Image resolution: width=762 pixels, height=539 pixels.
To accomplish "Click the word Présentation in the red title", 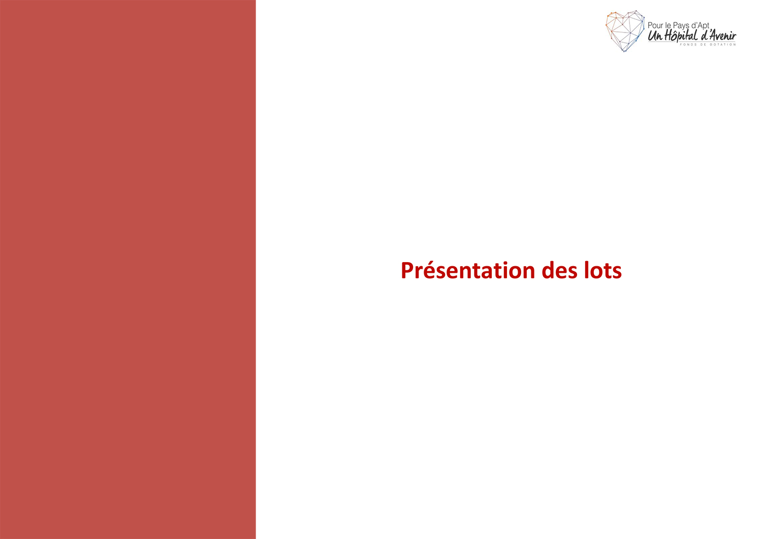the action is (x=468, y=271).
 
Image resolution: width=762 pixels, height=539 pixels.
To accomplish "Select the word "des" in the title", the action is (x=560, y=271).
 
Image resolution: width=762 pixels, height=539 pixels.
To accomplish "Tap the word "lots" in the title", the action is (x=603, y=271).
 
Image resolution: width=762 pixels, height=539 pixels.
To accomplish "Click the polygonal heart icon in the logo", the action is (x=625, y=31).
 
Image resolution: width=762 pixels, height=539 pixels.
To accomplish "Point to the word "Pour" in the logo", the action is (x=654, y=25).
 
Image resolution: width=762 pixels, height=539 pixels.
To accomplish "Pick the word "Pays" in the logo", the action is (x=681, y=26).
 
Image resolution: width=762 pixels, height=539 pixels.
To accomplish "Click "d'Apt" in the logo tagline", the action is (x=700, y=26).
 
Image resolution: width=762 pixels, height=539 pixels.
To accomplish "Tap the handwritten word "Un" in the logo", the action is (x=655, y=36).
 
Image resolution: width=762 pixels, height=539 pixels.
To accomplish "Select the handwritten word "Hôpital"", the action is (x=681, y=36).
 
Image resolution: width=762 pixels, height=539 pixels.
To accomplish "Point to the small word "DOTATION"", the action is (x=722, y=45).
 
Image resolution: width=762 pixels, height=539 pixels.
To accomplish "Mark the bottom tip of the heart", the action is (x=624, y=52).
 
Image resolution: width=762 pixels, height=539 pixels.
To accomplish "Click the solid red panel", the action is (x=128, y=269).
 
